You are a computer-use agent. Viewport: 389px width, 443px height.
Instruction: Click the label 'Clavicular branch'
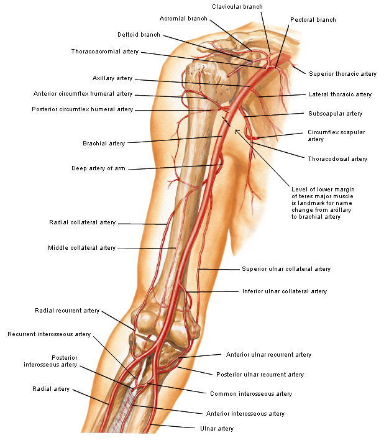click(237, 6)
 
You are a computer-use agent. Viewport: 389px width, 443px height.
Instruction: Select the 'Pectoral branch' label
click(313, 20)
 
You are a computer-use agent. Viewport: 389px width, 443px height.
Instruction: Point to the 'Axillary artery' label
click(112, 79)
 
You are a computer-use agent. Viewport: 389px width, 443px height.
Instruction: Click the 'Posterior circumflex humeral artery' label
click(82, 109)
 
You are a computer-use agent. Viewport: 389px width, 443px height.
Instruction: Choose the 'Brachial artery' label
click(104, 144)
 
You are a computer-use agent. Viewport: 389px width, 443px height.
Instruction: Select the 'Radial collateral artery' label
click(82, 222)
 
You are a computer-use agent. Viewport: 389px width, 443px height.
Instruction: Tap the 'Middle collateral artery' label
click(81, 248)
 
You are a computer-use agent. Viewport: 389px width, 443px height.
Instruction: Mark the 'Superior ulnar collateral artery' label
click(286, 269)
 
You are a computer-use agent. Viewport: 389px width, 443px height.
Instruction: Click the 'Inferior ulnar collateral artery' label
click(284, 291)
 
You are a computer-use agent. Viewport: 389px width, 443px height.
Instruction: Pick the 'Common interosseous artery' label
click(250, 393)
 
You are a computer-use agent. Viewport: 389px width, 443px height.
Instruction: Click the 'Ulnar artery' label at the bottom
click(216, 428)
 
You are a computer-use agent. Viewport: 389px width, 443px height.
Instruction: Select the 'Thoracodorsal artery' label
click(337, 159)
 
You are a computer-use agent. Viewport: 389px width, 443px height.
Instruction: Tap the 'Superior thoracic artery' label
click(342, 74)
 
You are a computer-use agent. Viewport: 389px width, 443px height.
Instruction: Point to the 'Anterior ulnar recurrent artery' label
click(268, 355)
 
